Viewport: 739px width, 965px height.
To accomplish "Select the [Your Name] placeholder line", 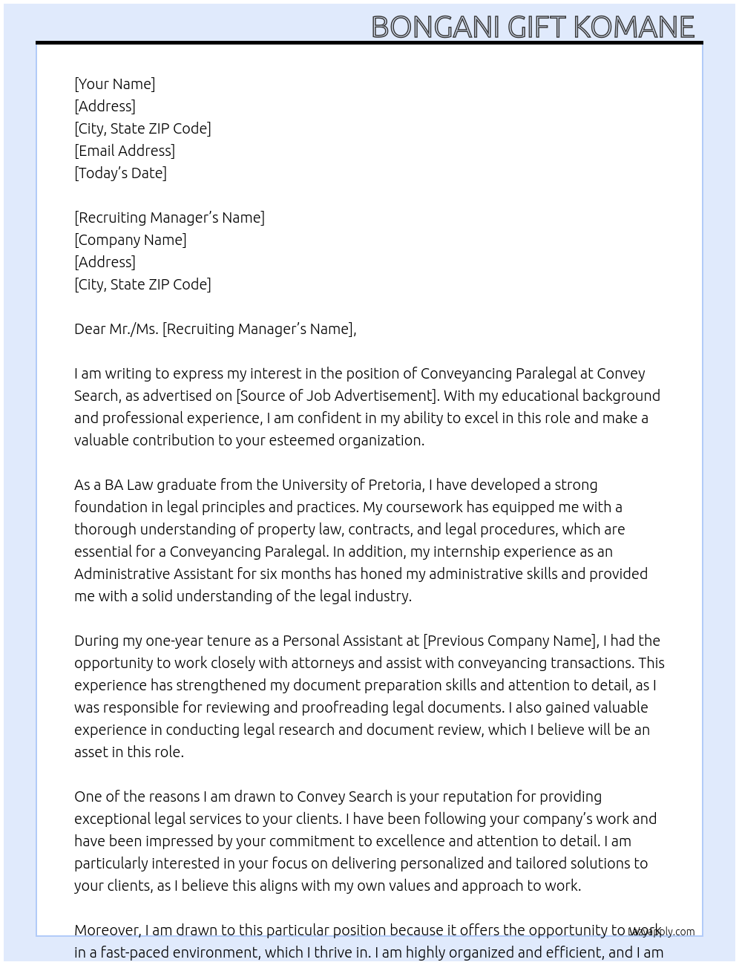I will pos(114,84).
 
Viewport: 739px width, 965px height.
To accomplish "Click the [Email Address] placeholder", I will pos(125,151).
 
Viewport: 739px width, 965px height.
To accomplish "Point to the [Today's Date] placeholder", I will pos(120,173).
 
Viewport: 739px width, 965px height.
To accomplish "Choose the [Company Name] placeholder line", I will pos(130,240).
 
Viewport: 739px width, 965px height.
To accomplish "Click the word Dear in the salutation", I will pos(90,329).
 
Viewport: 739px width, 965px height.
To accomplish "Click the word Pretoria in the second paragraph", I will pos(395,485).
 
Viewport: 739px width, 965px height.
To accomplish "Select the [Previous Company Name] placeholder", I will pos(510,641).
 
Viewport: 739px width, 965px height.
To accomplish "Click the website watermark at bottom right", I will pos(662,932).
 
